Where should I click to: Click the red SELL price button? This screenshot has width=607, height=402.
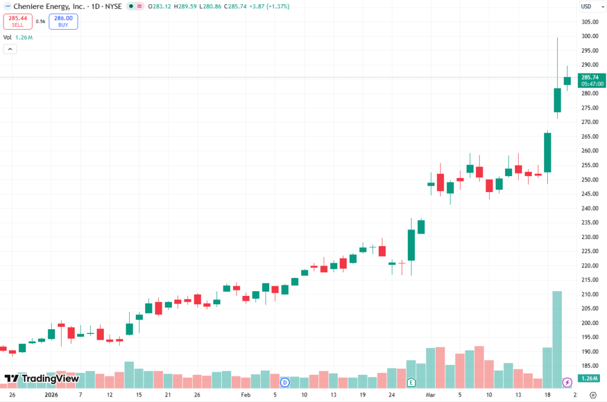point(17,21)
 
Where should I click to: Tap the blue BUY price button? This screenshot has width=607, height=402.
point(63,21)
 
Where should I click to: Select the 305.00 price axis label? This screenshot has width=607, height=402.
point(590,22)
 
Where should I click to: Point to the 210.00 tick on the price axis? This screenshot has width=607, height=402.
point(590,295)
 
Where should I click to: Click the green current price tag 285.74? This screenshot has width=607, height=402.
point(592,80)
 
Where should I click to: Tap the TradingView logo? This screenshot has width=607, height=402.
point(41,378)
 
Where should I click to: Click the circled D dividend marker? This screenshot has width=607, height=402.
point(285,382)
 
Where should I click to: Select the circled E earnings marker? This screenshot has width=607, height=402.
point(410,382)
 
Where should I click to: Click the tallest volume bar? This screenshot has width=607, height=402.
point(557,338)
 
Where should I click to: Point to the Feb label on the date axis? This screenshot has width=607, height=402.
point(246,394)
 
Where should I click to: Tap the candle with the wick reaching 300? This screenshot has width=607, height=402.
point(557,100)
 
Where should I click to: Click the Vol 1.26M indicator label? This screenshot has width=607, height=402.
point(18,37)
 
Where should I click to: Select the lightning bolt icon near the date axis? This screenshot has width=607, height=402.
point(567,382)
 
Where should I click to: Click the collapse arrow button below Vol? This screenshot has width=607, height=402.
point(10,49)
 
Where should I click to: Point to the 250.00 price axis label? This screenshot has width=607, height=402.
point(590,180)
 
